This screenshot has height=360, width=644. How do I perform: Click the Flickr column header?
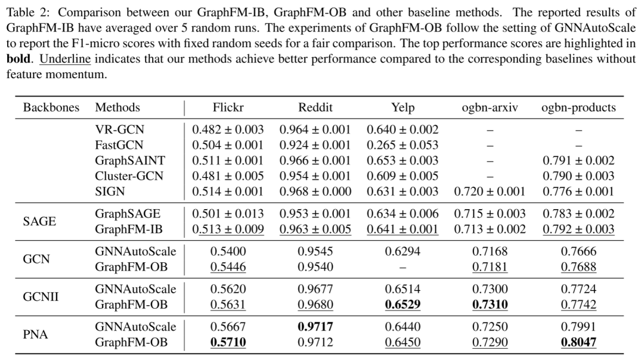pyautogui.click(x=228, y=107)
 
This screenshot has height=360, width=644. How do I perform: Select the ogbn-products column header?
pyautogui.click(x=578, y=107)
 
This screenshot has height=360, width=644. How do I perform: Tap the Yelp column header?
pyautogui.click(x=402, y=107)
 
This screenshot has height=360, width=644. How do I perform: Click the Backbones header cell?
pyautogui.click(x=51, y=107)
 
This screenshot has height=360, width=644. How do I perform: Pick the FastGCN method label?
pyautogui.click(x=119, y=145)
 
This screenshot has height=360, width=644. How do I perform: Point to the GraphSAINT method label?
pyautogui.click(x=130, y=160)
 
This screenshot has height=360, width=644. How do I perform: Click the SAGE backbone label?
pyautogui.click(x=39, y=221)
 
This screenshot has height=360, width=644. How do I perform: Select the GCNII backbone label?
pyautogui.click(x=41, y=297)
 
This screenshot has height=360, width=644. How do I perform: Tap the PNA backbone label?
pyautogui.click(x=35, y=334)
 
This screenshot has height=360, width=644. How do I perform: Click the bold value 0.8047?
pyautogui.click(x=578, y=342)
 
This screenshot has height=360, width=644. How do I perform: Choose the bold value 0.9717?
pyautogui.click(x=315, y=327)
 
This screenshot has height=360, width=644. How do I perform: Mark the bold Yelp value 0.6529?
pyautogui.click(x=402, y=305)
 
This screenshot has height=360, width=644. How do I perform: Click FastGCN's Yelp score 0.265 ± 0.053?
pyautogui.click(x=402, y=145)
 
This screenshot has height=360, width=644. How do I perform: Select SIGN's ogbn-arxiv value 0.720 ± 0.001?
pyautogui.click(x=490, y=191)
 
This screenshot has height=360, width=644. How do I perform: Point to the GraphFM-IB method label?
pyautogui.click(x=129, y=229)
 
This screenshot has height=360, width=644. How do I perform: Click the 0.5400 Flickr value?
pyautogui.click(x=228, y=251)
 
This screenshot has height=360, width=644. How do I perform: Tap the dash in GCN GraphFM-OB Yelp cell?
pyautogui.click(x=402, y=268)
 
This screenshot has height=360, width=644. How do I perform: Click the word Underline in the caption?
pyautogui.click(x=65, y=58)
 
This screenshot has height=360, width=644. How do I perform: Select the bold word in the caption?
pyautogui.click(x=18, y=58)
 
